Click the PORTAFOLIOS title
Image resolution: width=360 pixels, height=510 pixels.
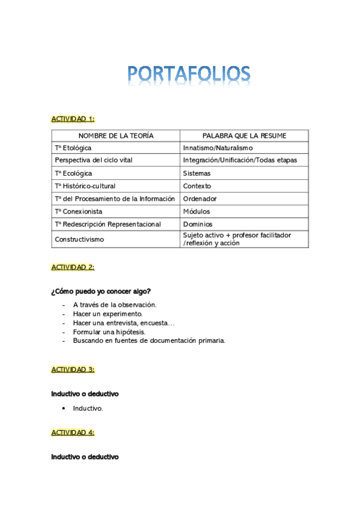point(189,74)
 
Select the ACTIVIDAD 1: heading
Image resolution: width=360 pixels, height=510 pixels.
point(73,119)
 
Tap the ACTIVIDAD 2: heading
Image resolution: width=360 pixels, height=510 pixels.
point(73,267)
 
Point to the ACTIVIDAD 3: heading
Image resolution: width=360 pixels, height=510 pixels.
point(73,369)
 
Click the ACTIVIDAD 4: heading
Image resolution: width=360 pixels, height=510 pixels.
point(73,432)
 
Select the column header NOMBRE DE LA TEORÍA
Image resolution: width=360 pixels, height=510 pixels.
point(116,136)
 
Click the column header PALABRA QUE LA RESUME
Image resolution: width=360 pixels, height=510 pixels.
point(244,136)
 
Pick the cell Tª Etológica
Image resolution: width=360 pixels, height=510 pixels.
point(73,148)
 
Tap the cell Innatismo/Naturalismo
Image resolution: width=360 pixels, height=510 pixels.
point(218,148)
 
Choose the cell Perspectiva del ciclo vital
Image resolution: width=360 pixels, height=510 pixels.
point(93,161)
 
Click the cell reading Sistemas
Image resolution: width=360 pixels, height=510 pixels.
point(197,173)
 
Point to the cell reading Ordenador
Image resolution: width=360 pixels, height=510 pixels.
point(200,199)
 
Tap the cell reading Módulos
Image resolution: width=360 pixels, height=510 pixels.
point(197,212)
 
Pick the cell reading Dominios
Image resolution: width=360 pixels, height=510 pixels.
point(197,224)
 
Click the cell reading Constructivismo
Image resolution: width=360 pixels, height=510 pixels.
point(79,239)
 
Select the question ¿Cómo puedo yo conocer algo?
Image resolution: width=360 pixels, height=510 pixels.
point(101,292)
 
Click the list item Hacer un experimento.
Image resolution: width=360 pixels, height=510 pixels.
point(108,314)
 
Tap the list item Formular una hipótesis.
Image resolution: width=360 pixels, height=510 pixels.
point(109,331)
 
